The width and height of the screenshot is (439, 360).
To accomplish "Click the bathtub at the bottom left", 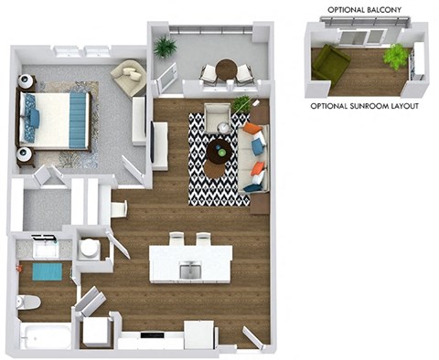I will point(43,336).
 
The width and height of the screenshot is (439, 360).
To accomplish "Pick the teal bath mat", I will point(47,271).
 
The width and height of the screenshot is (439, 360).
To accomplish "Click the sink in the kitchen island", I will point(190,269).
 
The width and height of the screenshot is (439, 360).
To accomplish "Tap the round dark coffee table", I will point(218,151).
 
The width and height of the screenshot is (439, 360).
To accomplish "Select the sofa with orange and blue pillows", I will point(252,155).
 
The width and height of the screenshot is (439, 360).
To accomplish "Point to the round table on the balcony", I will point(226,68).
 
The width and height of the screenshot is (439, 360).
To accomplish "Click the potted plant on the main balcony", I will point(166,47).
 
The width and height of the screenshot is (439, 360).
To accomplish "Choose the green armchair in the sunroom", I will point(330,62).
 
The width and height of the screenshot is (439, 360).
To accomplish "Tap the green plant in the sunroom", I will point(395,57).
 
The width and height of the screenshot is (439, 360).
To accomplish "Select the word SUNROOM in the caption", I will point(365,106).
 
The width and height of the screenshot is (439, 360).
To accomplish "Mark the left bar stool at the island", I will point(178,240).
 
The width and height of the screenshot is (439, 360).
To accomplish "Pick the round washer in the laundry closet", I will point(90,248).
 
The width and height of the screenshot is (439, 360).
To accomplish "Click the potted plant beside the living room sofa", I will point(241,104).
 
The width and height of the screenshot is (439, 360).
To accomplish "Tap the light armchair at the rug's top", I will point(218,117).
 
